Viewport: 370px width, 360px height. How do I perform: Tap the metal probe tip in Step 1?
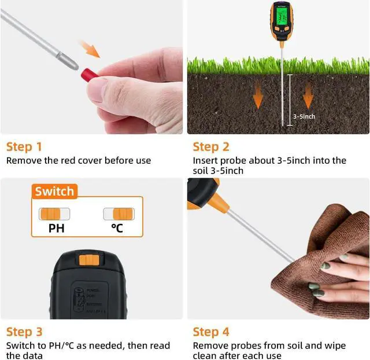[x=72, y=61]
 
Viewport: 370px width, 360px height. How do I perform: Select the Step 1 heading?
[x=24, y=146]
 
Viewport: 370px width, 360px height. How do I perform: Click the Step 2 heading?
[x=211, y=146]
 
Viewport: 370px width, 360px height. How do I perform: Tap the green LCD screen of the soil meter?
[x=282, y=18]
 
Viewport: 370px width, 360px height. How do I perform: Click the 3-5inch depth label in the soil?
[x=304, y=116]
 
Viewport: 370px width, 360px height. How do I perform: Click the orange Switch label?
[x=54, y=191]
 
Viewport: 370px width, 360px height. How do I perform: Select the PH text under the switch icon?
[x=56, y=228]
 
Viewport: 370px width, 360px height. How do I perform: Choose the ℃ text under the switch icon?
[x=117, y=228]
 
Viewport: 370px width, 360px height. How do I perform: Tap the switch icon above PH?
[x=54, y=214]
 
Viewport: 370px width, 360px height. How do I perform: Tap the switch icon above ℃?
[x=119, y=214]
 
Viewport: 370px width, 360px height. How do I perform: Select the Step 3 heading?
[x=24, y=332]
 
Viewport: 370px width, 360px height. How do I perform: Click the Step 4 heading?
[x=211, y=332]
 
